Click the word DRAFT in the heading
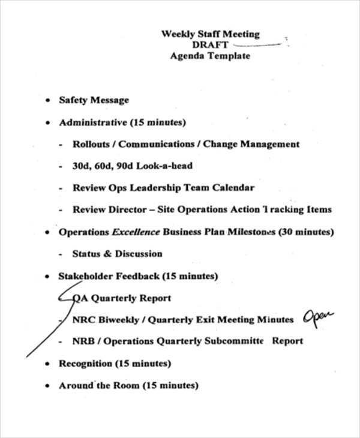coord(210,45)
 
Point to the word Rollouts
coord(94,144)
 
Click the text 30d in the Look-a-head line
coord(81,166)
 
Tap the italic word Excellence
coord(136,232)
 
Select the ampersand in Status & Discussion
coord(108,254)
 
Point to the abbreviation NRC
coord(83,320)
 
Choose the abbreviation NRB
coord(83,341)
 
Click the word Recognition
coord(85,364)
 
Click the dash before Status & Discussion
coord(62,254)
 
